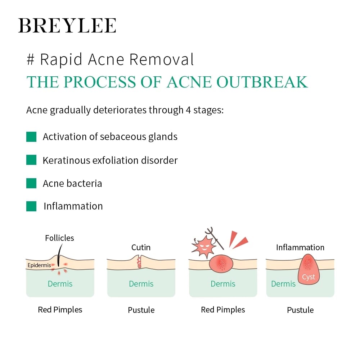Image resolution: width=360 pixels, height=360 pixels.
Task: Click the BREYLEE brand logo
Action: [67, 26]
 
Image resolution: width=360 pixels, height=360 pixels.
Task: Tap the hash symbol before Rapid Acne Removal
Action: [30, 60]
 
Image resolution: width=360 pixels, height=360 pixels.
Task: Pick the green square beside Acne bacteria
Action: [31, 183]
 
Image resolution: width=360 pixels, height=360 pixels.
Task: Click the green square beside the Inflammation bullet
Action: [31, 206]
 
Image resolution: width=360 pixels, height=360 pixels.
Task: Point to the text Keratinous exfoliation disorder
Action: [110, 160]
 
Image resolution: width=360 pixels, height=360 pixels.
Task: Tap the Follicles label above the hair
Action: [59, 238]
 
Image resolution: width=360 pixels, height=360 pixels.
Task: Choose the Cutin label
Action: [141, 247]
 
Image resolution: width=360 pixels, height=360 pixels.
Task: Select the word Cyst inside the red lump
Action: [309, 277]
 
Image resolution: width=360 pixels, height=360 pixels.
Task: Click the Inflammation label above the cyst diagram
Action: [300, 247]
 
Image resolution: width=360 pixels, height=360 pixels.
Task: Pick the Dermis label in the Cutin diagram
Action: [141, 284]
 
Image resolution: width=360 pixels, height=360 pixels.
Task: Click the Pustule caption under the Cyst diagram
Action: [300, 310]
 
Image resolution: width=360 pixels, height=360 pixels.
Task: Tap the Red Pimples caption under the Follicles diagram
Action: [60, 310]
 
